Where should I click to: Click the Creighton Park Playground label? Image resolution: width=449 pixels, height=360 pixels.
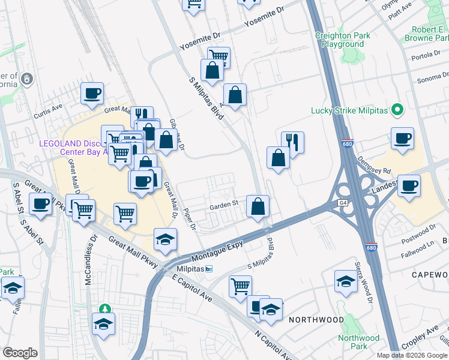tap(342, 40)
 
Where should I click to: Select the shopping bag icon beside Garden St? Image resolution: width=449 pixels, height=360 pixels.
tap(258, 206)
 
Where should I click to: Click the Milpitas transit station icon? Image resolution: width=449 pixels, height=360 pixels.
tap(208, 268)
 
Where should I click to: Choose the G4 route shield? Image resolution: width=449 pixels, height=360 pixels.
tap(342, 203)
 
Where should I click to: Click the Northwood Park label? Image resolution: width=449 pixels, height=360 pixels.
tap(359, 342)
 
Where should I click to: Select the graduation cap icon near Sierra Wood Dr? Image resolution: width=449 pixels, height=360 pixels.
tap(346, 281)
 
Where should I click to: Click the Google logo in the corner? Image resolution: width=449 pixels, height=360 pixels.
tap(20, 352)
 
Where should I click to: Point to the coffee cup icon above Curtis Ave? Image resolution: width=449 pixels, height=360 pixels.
tap(92, 94)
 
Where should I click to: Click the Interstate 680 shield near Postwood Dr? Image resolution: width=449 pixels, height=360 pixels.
tap(372, 247)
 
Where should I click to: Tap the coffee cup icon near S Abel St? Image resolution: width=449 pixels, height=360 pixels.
tap(40, 204)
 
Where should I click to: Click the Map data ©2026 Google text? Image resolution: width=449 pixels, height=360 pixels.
tap(412, 355)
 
